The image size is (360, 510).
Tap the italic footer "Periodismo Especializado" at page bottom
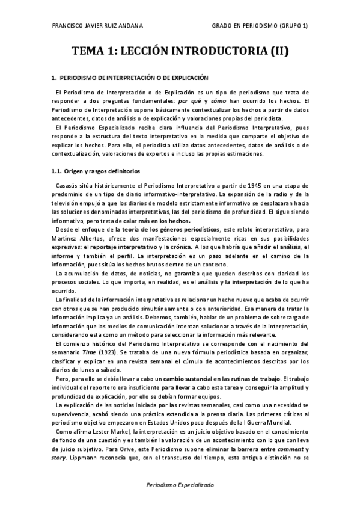tap(180, 485)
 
